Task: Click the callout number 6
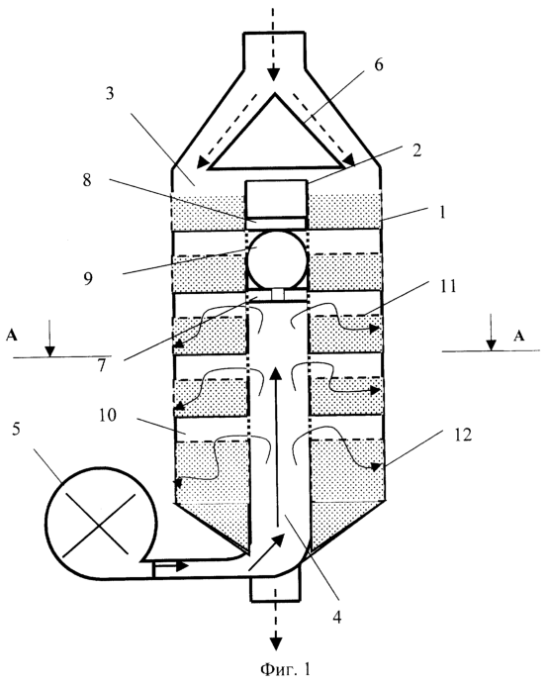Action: click(378, 65)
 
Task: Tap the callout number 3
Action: click(109, 94)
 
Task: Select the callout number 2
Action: click(416, 149)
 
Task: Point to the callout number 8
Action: click(87, 179)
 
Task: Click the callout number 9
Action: click(88, 278)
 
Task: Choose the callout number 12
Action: click(463, 435)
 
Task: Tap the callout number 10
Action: click(108, 415)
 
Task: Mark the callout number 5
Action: click(16, 429)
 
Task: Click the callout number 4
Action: click(336, 617)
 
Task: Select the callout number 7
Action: click(102, 365)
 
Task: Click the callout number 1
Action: click(442, 213)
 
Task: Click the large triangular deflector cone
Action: click(275, 131)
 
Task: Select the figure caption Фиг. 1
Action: click(286, 669)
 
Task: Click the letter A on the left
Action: click(12, 336)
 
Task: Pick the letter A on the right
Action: click(518, 336)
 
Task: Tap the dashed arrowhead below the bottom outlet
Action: click(275, 643)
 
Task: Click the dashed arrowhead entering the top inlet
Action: click(273, 74)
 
